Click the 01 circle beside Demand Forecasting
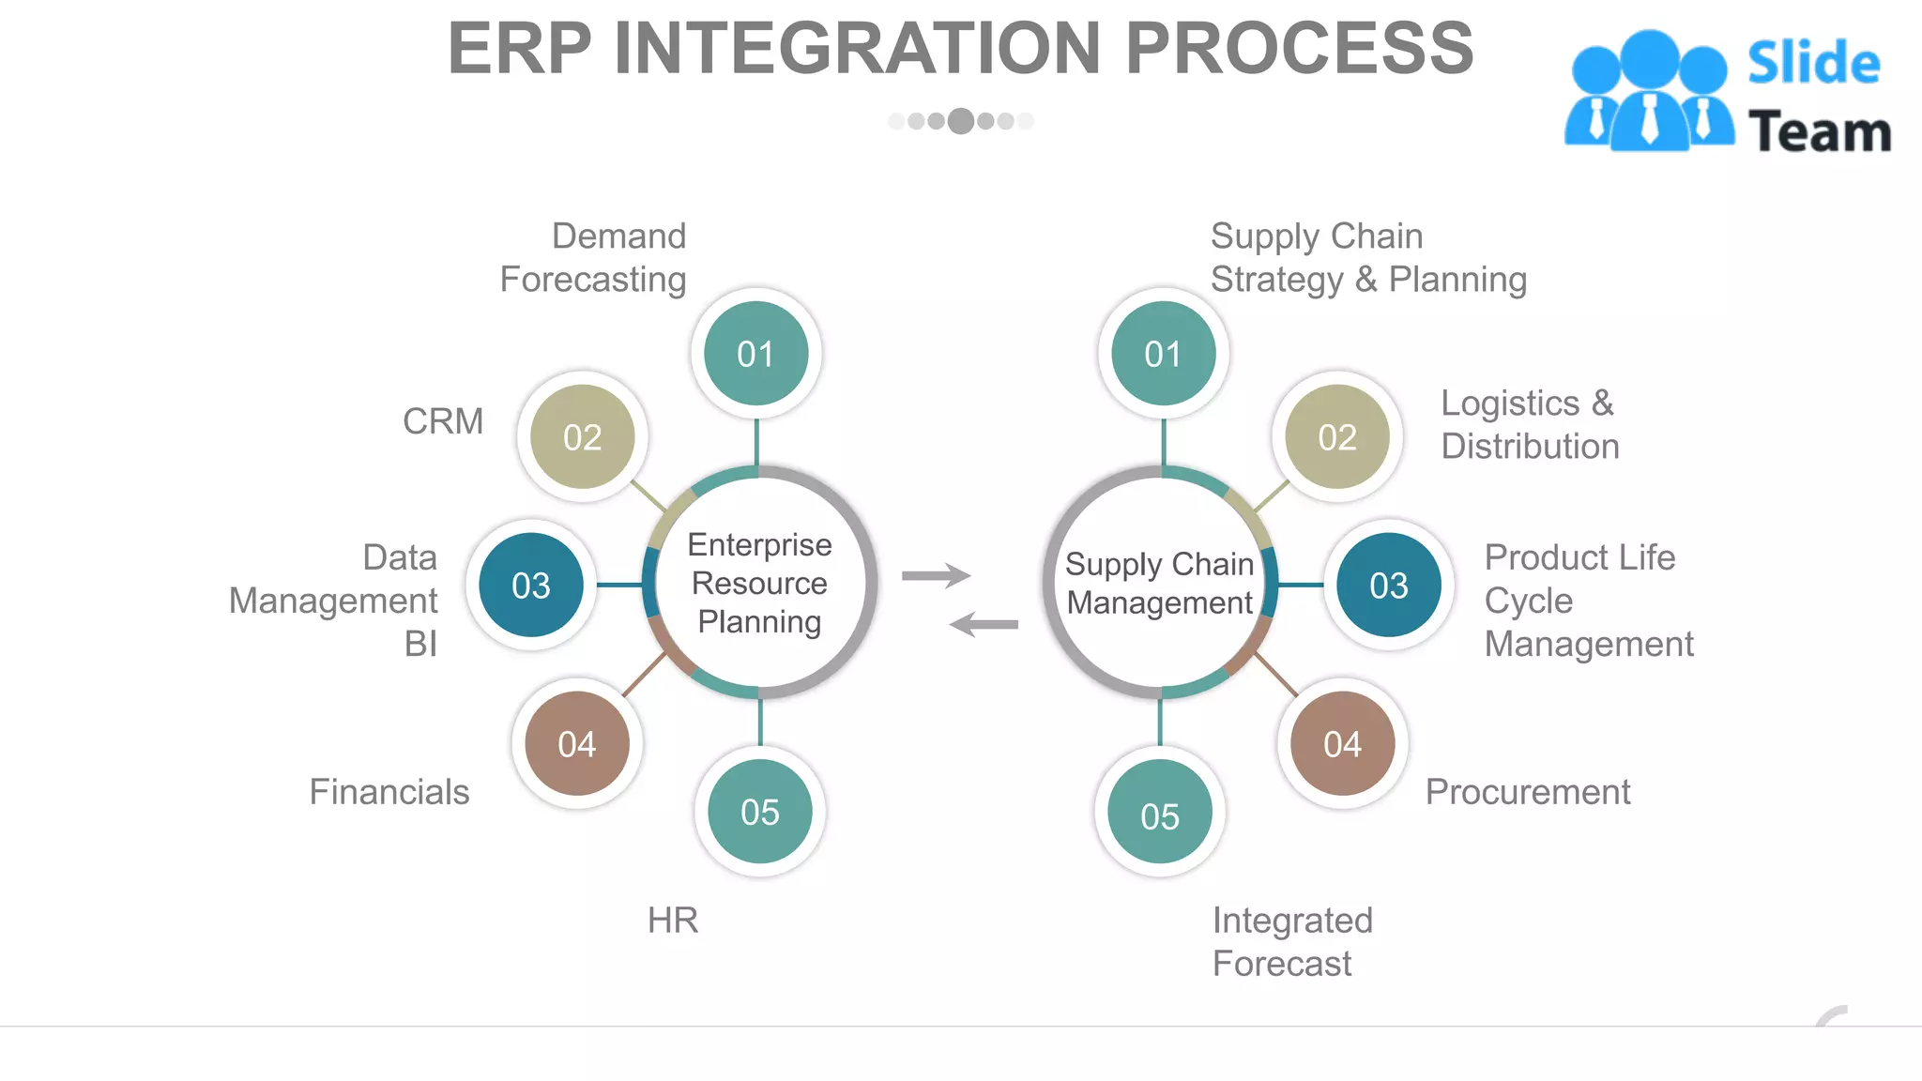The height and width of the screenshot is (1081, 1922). pyautogui.click(x=755, y=354)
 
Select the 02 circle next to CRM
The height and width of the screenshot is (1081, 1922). pyautogui.click(x=582, y=437)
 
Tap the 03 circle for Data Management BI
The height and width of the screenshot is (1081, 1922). pyautogui.click(x=531, y=586)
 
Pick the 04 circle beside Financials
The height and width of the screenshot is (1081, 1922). pyautogui.click(x=576, y=744)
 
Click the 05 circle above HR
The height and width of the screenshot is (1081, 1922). pyautogui.click(x=759, y=812)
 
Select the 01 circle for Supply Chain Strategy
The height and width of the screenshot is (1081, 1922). pyautogui.click(x=1163, y=354)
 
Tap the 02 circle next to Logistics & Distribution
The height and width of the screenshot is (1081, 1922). pyautogui.click(x=1336, y=437)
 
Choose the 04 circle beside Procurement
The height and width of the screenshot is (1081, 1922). pyautogui.click(x=1342, y=744)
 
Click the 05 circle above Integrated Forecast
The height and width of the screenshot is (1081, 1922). pyautogui.click(x=1159, y=815)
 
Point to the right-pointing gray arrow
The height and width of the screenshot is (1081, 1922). pyautogui.click(x=936, y=575)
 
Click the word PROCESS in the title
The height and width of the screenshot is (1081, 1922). pyautogui.click(x=1299, y=49)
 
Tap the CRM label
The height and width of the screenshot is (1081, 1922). pyautogui.click(x=443, y=421)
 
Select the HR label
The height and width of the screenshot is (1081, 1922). pyautogui.click(x=673, y=921)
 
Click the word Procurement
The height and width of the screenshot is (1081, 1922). pyautogui.click(x=1528, y=792)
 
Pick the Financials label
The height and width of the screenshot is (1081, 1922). pyautogui.click(x=389, y=792)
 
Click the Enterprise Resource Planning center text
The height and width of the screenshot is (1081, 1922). pyautogui.click(x=759, y=583)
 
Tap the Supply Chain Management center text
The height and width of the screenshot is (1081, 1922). pyautogui.click(x=1160, y=583)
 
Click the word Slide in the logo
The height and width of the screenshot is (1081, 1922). pyautogui.click(x=1813, y=64)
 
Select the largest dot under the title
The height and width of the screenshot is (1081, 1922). pyautogui.click(x=960, y=121)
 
